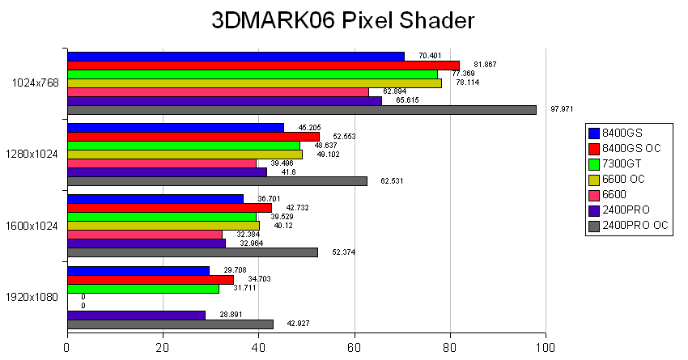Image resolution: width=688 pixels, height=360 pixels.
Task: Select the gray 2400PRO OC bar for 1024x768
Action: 301,110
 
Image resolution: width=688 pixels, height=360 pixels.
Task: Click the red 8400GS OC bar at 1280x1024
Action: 193,136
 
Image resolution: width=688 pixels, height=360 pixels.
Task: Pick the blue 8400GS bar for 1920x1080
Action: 138,270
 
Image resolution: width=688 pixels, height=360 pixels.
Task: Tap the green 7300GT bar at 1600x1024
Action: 162,217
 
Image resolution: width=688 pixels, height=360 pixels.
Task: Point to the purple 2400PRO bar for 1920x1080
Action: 136,315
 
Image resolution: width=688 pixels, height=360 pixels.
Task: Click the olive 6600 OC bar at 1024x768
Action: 254,83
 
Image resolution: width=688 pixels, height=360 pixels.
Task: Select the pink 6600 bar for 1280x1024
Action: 162,163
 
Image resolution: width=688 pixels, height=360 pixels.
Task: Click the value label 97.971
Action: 562,109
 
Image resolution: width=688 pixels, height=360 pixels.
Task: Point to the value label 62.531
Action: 392,180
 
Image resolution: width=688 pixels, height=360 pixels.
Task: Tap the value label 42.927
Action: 299,324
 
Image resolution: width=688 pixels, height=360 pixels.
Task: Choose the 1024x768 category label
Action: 35,83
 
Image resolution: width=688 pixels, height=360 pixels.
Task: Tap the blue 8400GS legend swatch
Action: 595,133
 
